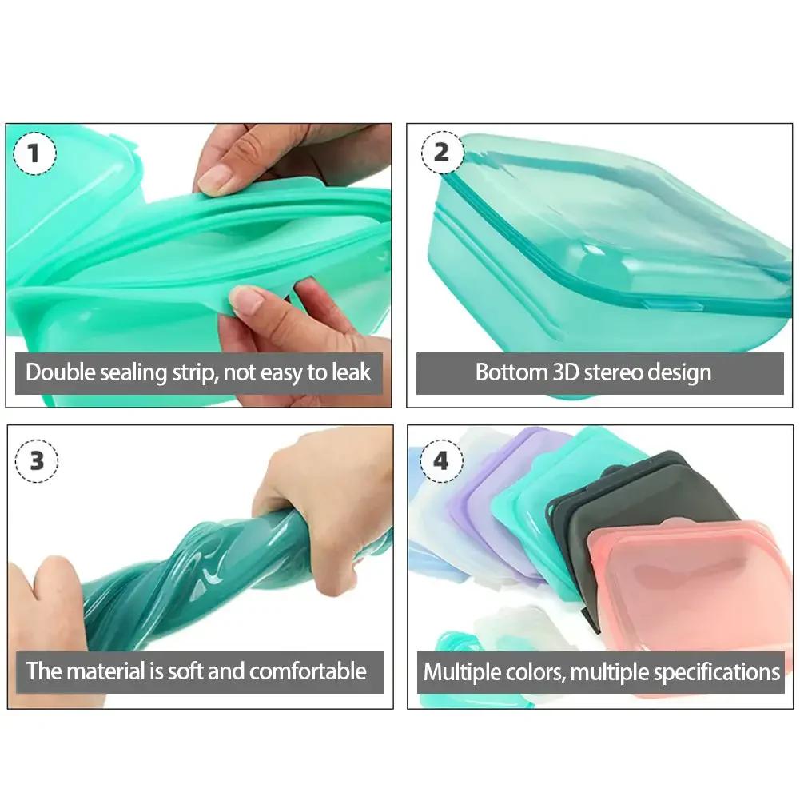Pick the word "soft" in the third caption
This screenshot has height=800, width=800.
click(x=185, y=671)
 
